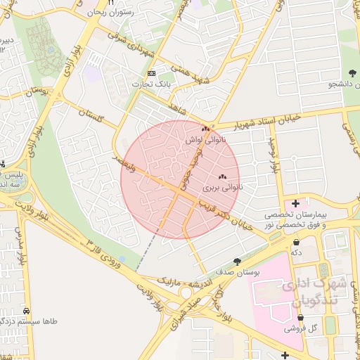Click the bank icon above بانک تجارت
pyautogui.click(x=150, y=73)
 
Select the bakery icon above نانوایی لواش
pyautogui.click(x=205, y=129)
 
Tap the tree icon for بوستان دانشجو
pyautogui.click(x=352, y=73)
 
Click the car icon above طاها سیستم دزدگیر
pyautogui.click(x=26, y=310)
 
